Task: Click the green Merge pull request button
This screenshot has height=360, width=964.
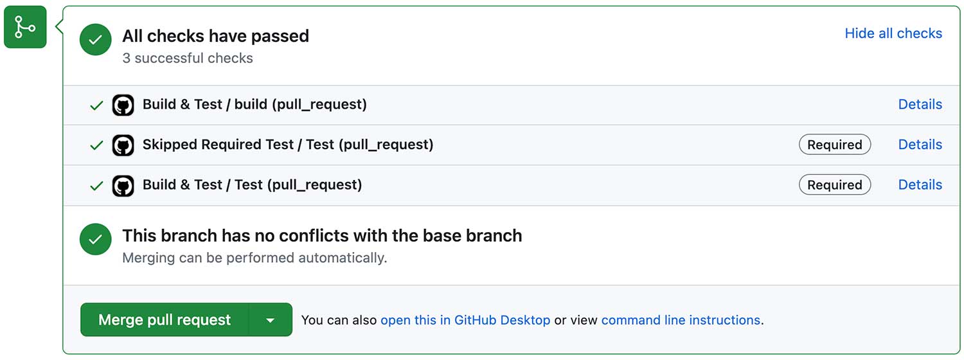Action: click(x=165, y=319)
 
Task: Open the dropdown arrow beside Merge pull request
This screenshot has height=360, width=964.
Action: click(x=271, y=320)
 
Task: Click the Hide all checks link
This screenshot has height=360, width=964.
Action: click(x=893, y=33)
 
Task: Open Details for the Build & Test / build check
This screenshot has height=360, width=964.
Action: click(x=920, y=104)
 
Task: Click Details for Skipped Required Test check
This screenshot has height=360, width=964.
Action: click(x=920, y=144)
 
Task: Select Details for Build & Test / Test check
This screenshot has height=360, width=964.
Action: click(x=920, y=184)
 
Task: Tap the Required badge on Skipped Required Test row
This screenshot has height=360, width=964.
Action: click(x=835, y=144)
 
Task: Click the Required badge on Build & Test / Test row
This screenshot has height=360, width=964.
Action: click(x=835, y=184)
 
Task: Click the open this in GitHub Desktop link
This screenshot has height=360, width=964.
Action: click(x=465, y=320)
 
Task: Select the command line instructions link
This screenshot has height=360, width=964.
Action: click(x=681, y=320)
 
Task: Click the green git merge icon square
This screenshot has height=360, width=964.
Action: click(x=25, y=27)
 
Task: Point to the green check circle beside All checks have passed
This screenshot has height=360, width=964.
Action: click(x=96, y=40)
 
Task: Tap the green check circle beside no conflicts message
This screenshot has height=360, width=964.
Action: click(x=96, y=239)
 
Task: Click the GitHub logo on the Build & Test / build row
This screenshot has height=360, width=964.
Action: click(x=123, y=105)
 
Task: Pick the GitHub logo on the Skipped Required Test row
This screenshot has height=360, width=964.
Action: click(x=123, y=145)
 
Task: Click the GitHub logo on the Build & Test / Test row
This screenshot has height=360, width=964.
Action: click(x=123, y=186)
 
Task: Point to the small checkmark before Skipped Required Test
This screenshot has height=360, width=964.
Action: click(x=96, y=145)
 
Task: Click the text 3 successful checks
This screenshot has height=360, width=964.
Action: click(x=188, y=58)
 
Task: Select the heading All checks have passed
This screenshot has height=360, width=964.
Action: click(x=215, y=36)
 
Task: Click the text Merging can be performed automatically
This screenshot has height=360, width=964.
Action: click(x=254, y=258)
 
